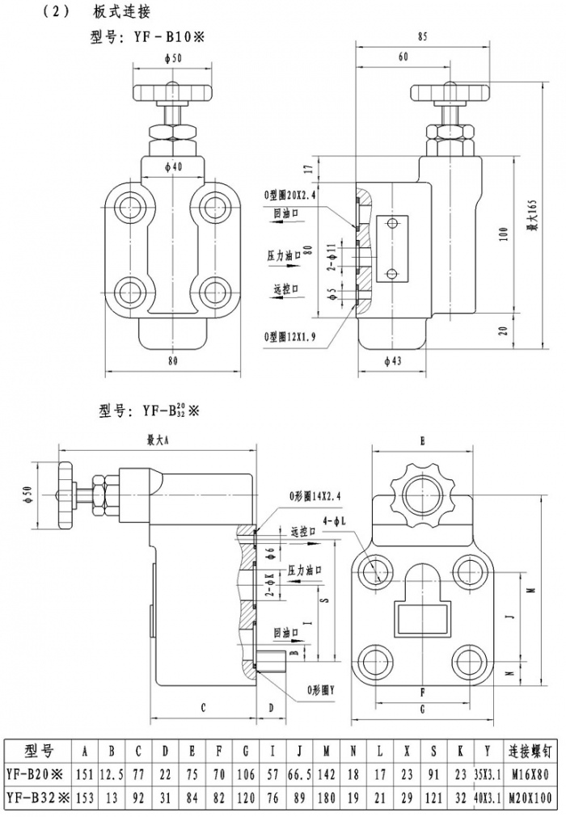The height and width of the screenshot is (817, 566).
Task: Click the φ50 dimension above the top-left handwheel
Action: click(171, 58)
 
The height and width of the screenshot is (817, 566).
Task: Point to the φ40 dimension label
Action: click(171, 166)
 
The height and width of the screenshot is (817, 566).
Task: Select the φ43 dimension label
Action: click(391, 361)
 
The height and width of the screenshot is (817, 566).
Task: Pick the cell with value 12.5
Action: click(112, 774)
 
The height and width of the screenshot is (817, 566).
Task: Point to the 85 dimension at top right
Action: click(422, 36)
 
